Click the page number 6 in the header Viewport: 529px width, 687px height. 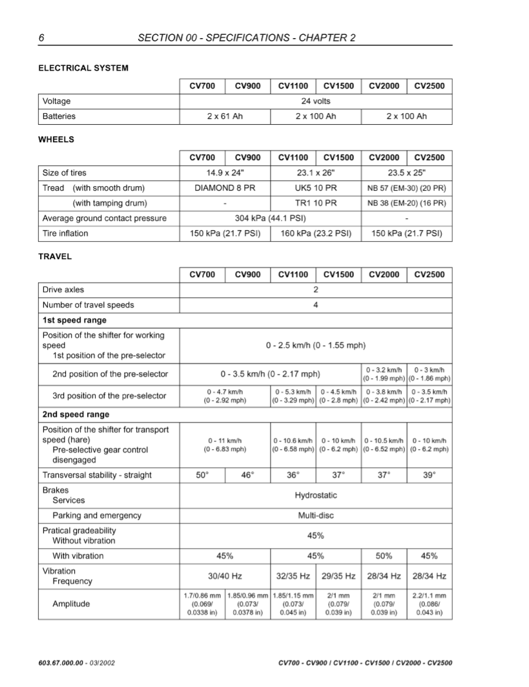[41, 37]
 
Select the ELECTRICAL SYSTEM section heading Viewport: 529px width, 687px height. [83, 68]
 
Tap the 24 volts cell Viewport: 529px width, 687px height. [315, 101]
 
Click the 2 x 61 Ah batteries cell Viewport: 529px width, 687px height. [224, 116]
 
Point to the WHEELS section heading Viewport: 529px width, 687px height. [56, 140]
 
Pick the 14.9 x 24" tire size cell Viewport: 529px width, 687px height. [224, 173]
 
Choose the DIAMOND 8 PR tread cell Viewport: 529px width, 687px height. [224, 188]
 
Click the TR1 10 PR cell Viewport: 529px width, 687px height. [315, 203]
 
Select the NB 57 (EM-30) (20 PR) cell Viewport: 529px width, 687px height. [406, 188]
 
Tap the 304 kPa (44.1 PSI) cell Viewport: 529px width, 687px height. [269, 218]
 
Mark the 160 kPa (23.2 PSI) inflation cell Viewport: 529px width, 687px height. [315, 233]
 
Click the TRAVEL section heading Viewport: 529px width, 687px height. [55, 257]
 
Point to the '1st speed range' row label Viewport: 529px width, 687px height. [74, 320]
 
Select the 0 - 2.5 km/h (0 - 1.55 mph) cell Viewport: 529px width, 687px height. [315, 346]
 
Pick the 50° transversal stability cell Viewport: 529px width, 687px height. [202, 475]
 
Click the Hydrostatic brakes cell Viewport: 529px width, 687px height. [315, 496]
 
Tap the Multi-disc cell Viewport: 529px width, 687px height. [315, 516]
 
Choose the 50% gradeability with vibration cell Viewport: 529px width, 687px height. [384, 556]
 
